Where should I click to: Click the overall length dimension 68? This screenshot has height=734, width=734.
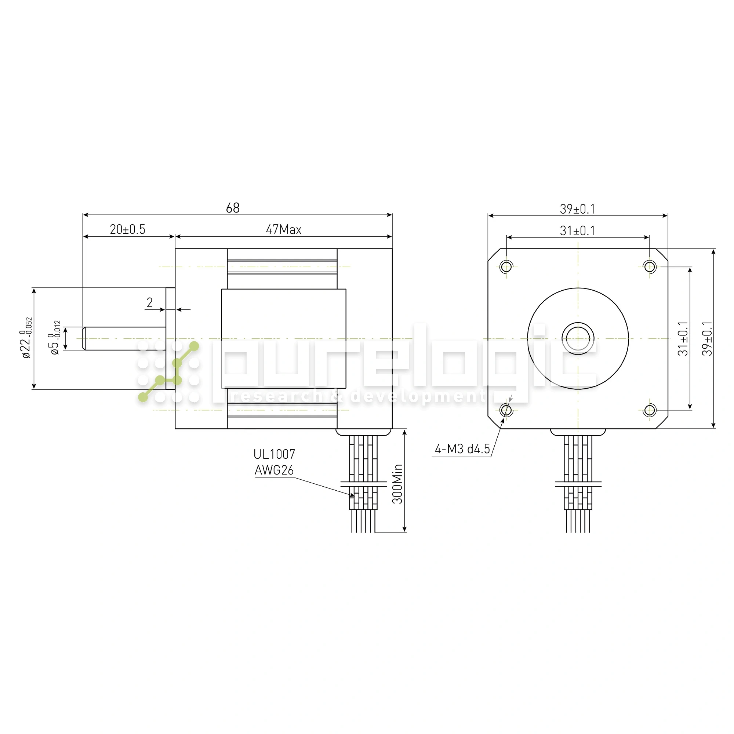point(233,208)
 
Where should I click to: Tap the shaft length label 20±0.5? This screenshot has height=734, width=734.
point(128,229)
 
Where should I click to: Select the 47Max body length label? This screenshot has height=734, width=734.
point(283,229)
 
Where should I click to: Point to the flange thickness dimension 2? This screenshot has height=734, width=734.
point(150,302)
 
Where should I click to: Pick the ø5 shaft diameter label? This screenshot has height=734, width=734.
point(55,338)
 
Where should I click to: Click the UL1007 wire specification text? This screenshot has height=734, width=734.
point(274,454)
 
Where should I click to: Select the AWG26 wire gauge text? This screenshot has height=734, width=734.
point(274,470)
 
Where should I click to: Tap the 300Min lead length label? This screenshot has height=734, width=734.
point(397,484)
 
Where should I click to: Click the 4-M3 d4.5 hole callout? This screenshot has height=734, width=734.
point(462,450)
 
